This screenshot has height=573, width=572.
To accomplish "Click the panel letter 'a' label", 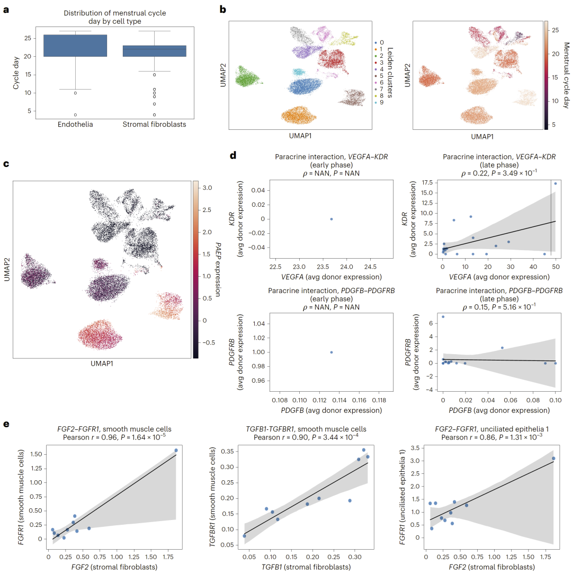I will click(6, 9).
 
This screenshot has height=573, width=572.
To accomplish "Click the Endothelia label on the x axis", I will click(75, 124).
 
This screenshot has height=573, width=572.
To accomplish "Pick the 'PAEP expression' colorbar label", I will click(218, 269).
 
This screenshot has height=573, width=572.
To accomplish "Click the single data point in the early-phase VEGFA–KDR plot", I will click(331, 219).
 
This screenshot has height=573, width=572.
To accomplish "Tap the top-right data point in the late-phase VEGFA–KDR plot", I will click(556, 184).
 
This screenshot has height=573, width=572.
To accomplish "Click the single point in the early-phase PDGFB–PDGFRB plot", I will click(331, 352).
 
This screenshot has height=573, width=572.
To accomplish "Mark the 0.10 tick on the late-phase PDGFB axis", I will click(555, 400).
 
